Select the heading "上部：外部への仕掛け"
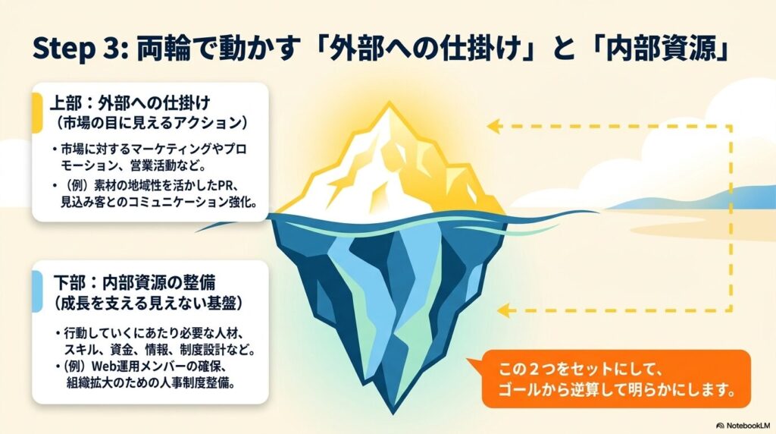130,103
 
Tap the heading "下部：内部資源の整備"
135,282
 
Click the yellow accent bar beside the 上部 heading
37,113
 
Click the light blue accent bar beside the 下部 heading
37,292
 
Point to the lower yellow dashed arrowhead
503,310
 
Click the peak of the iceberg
390,102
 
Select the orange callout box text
615,379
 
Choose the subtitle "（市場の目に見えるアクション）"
152,122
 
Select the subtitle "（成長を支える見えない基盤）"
149,303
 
